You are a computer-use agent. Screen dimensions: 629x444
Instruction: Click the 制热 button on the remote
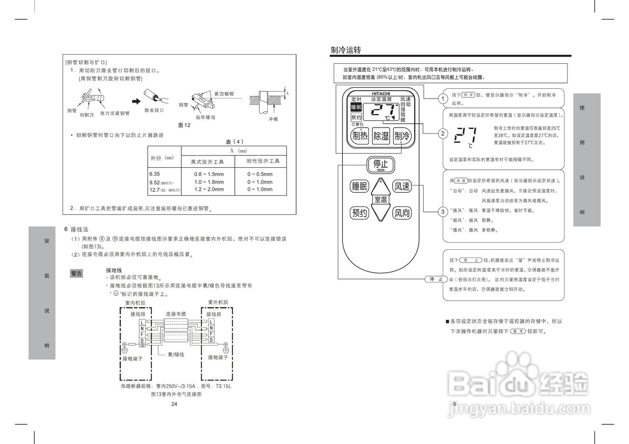pyautogui.click(x=360, y=136)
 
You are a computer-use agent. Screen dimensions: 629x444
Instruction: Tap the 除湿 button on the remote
pyautogui.click(x=381, y=136)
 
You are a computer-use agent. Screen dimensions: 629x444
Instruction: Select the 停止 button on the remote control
pyautogui.click(x=381, y=164)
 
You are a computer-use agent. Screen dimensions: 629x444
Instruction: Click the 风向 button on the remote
pyautogui.click(x=402, y=213)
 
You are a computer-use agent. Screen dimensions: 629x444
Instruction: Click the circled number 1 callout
pyautogui.click(x=443, y=99)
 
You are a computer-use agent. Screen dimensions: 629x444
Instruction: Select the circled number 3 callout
pyautogui.click(x=443, y=212)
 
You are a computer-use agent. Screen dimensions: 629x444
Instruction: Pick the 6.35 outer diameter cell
pyautogui.click(x=155, y=174)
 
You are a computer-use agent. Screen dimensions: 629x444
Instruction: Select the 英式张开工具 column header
pyautogui.click(x=207, y=161)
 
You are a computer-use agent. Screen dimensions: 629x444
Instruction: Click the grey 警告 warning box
pyautogui.click(x=77, y=273)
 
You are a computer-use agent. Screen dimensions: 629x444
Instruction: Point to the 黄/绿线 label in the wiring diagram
pyautogui.click(x=176, y=354)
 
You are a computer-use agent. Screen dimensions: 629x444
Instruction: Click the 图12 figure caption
pyautogui.click(x=184, y=125)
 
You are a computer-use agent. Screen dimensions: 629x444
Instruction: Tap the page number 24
pyautogui.click(x=174, y=404)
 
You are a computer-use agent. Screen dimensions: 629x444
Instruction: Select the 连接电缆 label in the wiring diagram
pyautogui.click(x=175, y=314)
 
